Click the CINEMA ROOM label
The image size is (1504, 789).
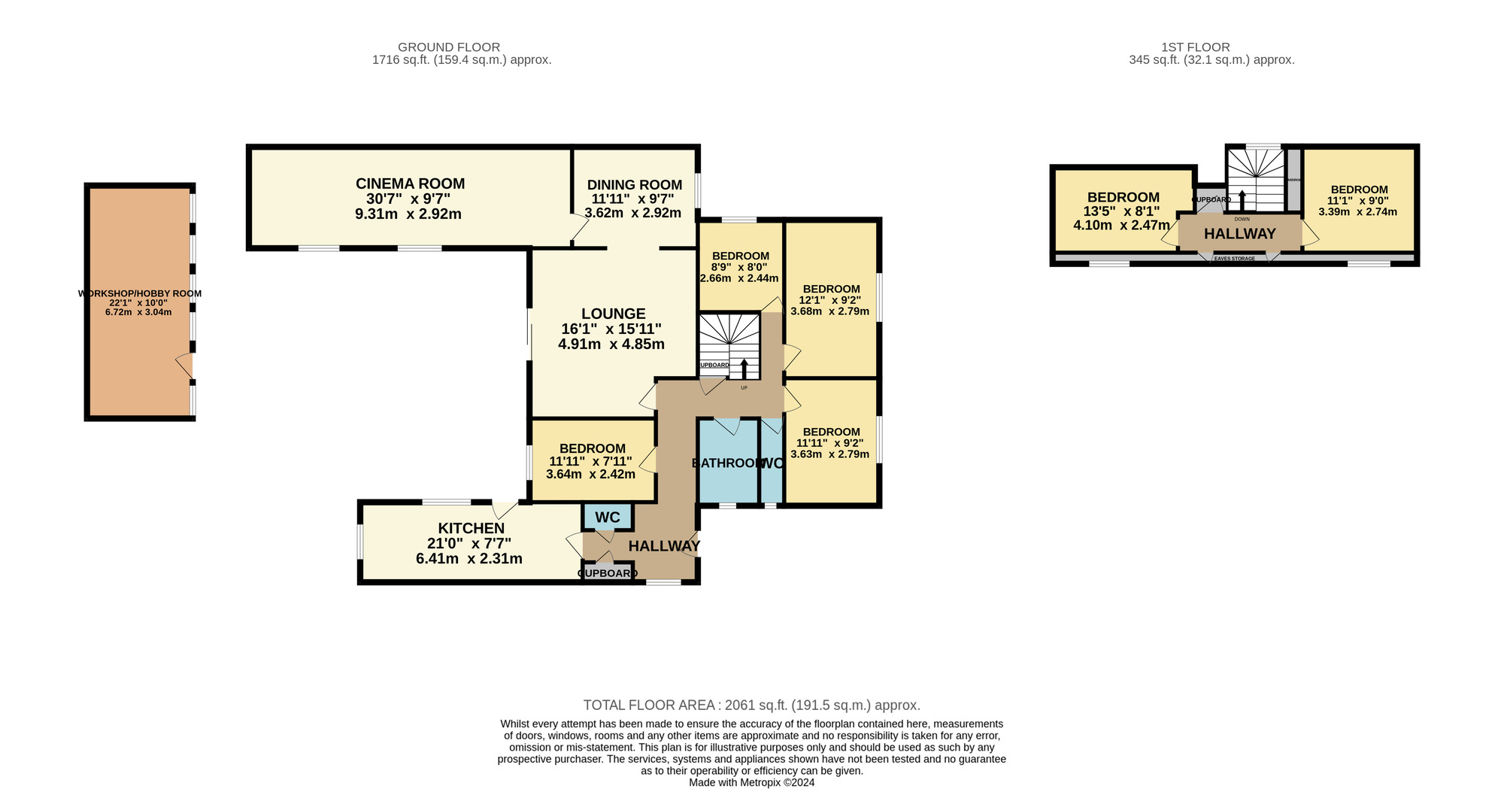coord(410,184)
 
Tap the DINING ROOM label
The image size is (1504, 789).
coord(634,185)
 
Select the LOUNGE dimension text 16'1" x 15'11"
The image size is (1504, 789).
coord(611,329)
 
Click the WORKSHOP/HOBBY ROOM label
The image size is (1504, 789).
coord(139,293)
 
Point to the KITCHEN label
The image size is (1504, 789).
coord(471,529)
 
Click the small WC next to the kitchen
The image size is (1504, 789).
coord(608,517)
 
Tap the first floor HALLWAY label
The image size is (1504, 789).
coord(1239,234)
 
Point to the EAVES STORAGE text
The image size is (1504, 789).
coord(1234,258)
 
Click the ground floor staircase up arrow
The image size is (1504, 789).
coord(744,369)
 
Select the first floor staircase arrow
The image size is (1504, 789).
coord(1242,200)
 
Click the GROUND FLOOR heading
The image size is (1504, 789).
coord(448,47)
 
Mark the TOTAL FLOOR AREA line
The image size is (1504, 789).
coord(751,705)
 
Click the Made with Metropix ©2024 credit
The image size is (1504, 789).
coord(751,782)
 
